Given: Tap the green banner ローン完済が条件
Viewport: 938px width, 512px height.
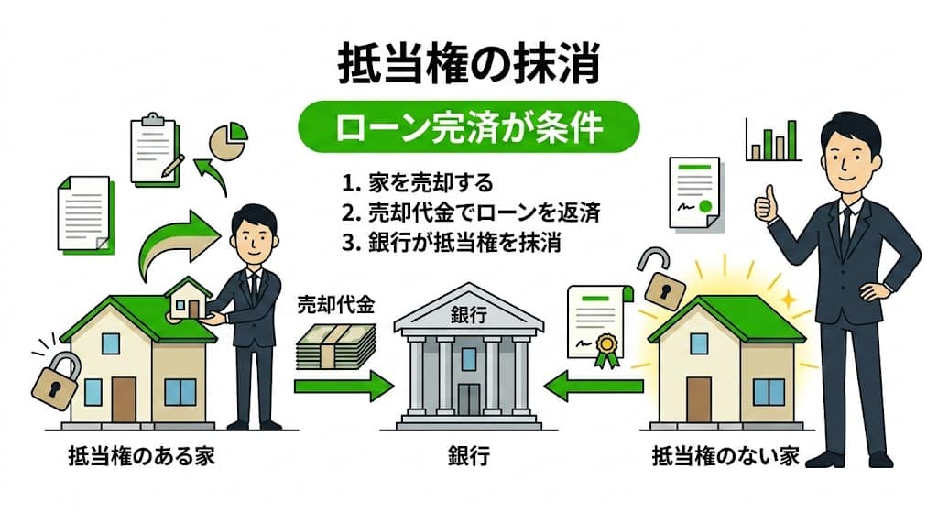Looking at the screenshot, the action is tap(470, 126).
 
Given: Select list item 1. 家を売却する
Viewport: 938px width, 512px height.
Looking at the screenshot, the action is tap(418, 183).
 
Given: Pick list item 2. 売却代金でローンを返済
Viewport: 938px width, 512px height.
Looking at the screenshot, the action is tap(470, 213).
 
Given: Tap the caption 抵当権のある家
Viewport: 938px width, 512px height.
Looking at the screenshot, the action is tap(141, 455).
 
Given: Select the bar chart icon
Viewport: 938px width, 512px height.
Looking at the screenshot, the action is tap(773, 141).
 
